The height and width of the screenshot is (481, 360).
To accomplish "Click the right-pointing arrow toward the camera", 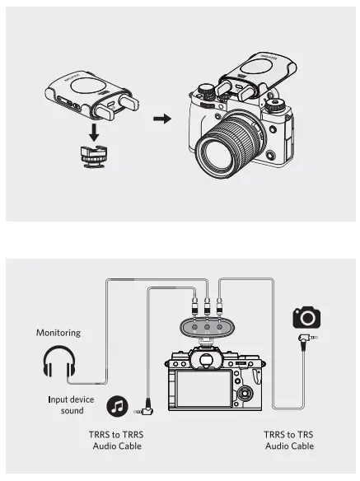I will click(x=163, y=119).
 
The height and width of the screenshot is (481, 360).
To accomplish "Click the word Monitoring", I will click(x=58, y=334).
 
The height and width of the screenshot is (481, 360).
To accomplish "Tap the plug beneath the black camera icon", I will click(x=306, y=339).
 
